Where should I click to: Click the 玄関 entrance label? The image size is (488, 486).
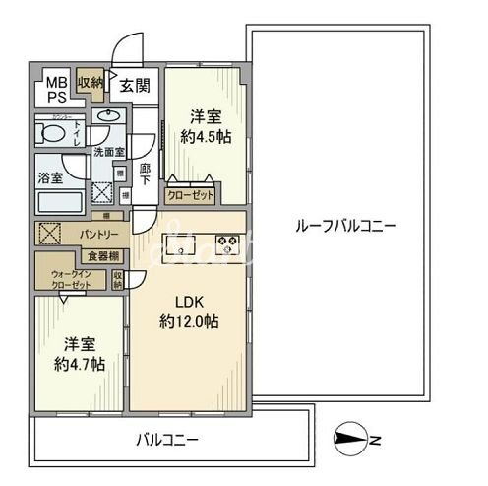pos(136,87)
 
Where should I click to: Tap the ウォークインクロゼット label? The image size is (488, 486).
pos(71,279)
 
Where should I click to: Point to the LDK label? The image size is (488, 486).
pos(189,302)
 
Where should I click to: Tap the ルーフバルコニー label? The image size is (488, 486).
pos(345,226)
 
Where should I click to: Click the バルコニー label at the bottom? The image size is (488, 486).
pos(166,440)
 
